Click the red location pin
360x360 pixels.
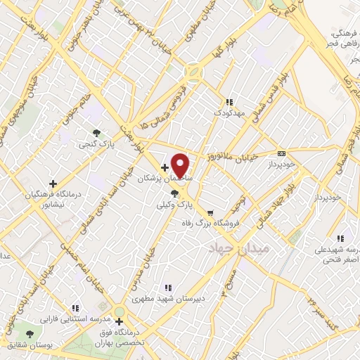181,165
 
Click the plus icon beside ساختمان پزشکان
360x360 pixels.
165,167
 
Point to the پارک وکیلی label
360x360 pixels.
174,205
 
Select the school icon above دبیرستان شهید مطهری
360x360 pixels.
167,287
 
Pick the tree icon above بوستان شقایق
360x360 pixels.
30,334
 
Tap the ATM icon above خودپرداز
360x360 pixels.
282,153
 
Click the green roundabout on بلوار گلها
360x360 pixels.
193,72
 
